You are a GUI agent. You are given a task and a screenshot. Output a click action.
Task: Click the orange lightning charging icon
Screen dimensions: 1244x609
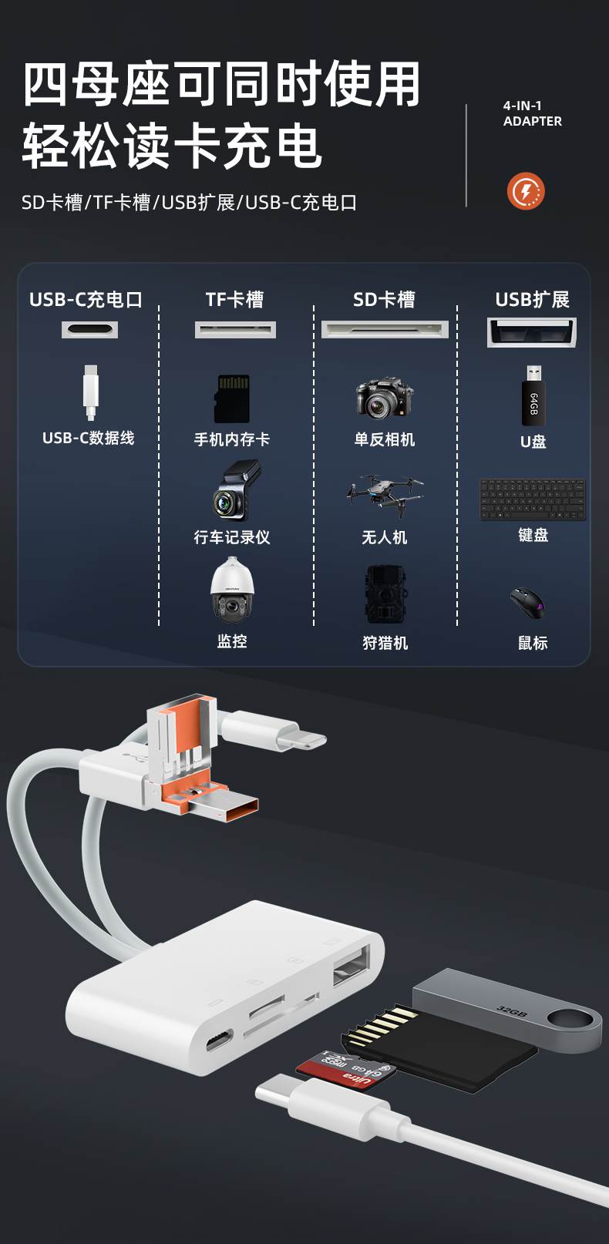[x=526, y=191]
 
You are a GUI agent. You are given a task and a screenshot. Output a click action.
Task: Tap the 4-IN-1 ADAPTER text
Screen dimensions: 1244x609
[x=532, y=113]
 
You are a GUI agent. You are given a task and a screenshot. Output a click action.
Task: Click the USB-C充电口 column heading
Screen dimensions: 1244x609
[x=86, y=300]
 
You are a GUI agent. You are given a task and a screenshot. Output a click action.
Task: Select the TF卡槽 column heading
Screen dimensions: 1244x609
[x=234, y=300]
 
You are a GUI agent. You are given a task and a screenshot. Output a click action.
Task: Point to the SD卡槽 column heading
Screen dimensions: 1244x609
[x=384, y=300]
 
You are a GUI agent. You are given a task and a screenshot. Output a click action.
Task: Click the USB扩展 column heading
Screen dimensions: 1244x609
[x=532, y=300]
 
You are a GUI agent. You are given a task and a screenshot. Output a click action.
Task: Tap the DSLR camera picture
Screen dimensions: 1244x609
[x=384, y=398]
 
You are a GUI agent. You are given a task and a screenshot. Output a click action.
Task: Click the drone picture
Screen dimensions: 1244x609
[x=384, y=493]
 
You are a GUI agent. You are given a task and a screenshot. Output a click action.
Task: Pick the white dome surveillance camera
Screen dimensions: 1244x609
[x=231, y=590]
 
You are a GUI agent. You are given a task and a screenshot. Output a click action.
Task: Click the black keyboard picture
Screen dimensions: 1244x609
[x=533, y=499]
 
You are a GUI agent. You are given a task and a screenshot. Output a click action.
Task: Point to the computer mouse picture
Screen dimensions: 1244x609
[x=527, y=602]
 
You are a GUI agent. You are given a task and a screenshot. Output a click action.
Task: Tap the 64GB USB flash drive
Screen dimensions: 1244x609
[x=533, y=396]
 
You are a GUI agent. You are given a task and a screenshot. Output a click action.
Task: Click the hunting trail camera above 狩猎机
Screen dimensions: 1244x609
[x=385, y=594]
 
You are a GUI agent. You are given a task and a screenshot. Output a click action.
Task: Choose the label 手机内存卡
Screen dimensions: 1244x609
[x=232, y=439]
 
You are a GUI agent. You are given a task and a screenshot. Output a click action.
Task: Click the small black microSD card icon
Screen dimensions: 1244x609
[x=232, y=398]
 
